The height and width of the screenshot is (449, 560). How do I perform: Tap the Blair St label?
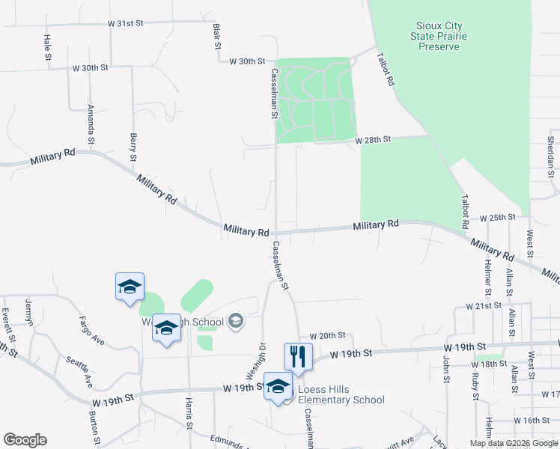click(217, 36)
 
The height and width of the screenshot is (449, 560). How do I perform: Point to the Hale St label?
click(47, 47)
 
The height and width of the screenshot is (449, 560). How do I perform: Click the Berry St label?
click(133, 147)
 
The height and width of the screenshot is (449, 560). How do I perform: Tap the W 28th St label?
click(374, 140)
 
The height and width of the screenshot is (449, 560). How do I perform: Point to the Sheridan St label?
click(550, 151)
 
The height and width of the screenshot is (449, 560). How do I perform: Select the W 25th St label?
click(498, 216)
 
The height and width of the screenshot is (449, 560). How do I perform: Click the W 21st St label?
click(483, 306)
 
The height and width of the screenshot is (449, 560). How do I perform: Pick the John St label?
click(445, 370)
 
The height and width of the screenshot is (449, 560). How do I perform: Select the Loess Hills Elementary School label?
click(341, 394)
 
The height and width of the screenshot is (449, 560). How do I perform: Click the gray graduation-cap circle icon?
click(236, 322)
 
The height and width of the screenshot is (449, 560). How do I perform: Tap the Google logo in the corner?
click(25, 440)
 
